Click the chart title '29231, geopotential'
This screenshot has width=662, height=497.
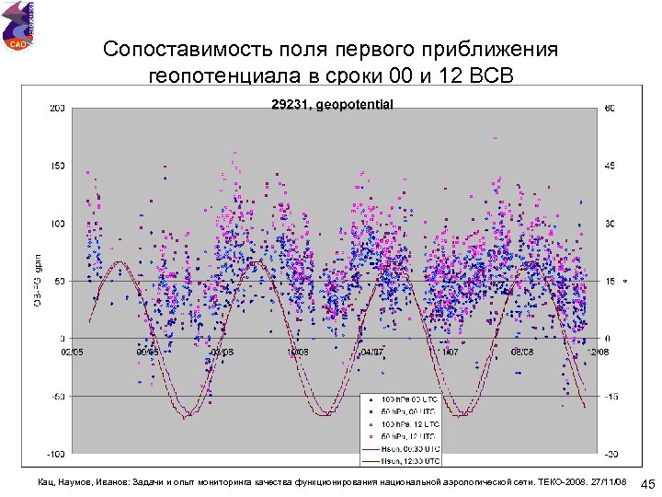[x=332, y=104]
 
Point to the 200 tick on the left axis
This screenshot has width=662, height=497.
[x=57, y=109]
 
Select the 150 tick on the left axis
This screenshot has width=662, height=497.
[x=57, y=166]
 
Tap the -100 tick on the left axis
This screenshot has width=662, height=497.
[x=55, y=454]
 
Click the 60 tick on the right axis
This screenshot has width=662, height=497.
[x=609, y=109]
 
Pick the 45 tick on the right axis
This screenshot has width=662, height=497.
[x=609, y=166]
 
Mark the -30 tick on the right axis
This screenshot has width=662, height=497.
[x=609, y=454]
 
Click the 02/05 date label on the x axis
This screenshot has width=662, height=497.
[x=73, y=352]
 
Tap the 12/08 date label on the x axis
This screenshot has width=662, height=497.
[x=598, y=352]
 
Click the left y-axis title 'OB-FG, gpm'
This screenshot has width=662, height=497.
[x=38, y=281]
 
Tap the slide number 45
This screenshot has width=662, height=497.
[x=646, y=485]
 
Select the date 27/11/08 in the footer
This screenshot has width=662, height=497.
[x=608, y=482]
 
